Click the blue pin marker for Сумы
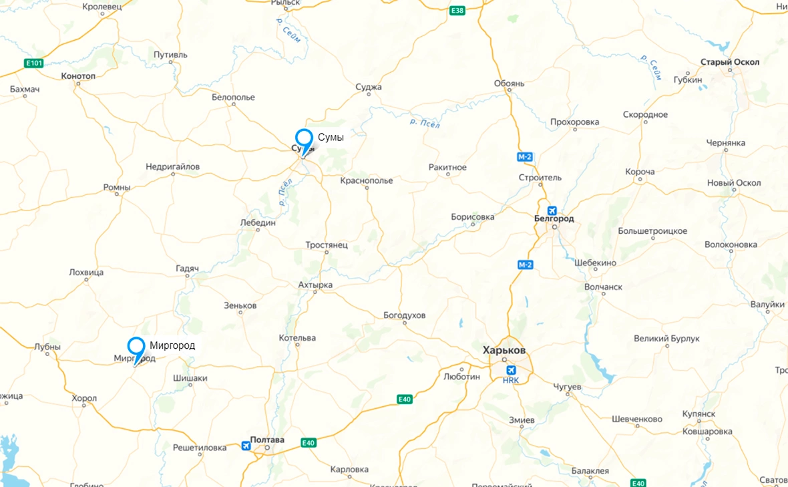point(304,139)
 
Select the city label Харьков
point(504,350)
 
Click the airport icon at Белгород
point(552,210)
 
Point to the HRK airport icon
point(512,370)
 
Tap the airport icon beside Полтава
point(246,446)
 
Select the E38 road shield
point(457,11)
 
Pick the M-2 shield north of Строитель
point(525,157)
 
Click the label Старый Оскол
point(730,62)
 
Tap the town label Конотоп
point(77,76)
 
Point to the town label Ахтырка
point(315,285)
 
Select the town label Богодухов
point(404,315)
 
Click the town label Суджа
point(369,87)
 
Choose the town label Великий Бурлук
point(666,339)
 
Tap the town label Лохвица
point(86,273)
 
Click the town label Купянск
point(699,414)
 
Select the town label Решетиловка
point(199,448)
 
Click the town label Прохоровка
point(574,122)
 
